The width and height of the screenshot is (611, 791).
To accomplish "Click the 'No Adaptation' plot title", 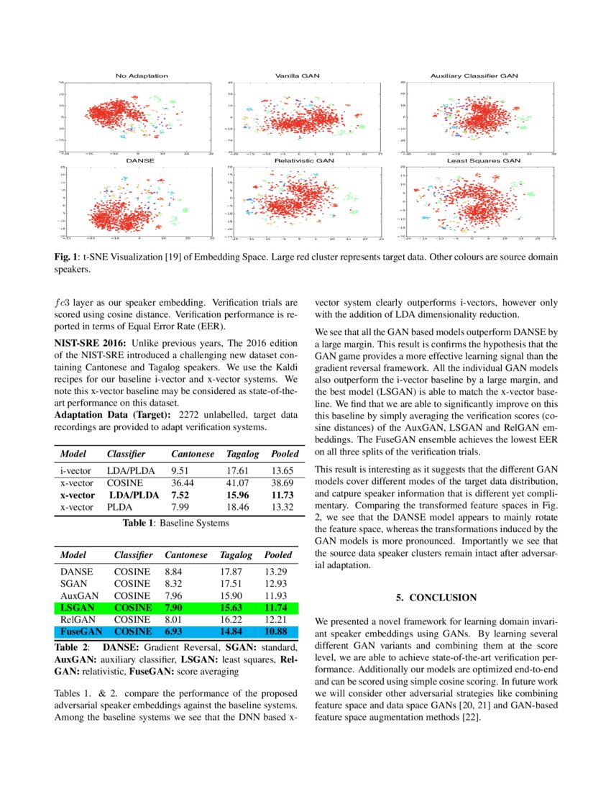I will click(x=142, y=76).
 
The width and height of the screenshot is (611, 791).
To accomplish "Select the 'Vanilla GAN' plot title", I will click(x=297, y=76).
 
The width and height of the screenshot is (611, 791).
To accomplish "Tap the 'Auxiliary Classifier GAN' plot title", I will click(x=474, y=76).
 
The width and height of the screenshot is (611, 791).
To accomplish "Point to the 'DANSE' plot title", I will click(x=140, y=162).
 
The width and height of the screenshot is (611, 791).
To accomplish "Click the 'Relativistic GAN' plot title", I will click(x=304, y=162).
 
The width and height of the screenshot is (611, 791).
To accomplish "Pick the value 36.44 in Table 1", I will click(x=183, y=483).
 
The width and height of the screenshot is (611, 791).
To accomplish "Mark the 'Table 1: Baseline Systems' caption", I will click(x=175, y=523).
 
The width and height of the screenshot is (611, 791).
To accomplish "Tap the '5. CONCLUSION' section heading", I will click(x=436, y=598).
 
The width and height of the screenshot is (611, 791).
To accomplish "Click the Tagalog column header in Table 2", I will click(x=233, y=555).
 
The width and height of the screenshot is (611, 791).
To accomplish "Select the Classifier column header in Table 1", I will click(x=126, y=454).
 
